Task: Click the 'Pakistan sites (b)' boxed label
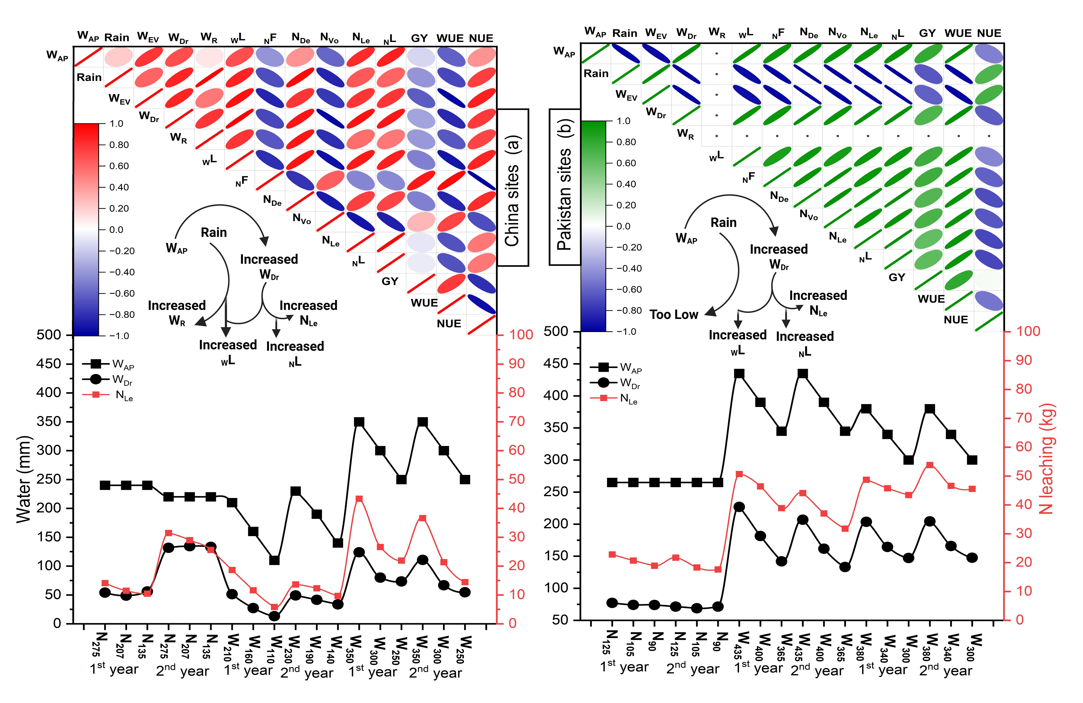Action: click(565, 187)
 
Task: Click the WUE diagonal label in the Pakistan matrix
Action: click(931, 299)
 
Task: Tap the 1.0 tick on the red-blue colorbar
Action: click(116, 124)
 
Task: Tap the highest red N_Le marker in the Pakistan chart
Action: click(930, 465)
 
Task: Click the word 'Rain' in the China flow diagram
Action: click(214, 233)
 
